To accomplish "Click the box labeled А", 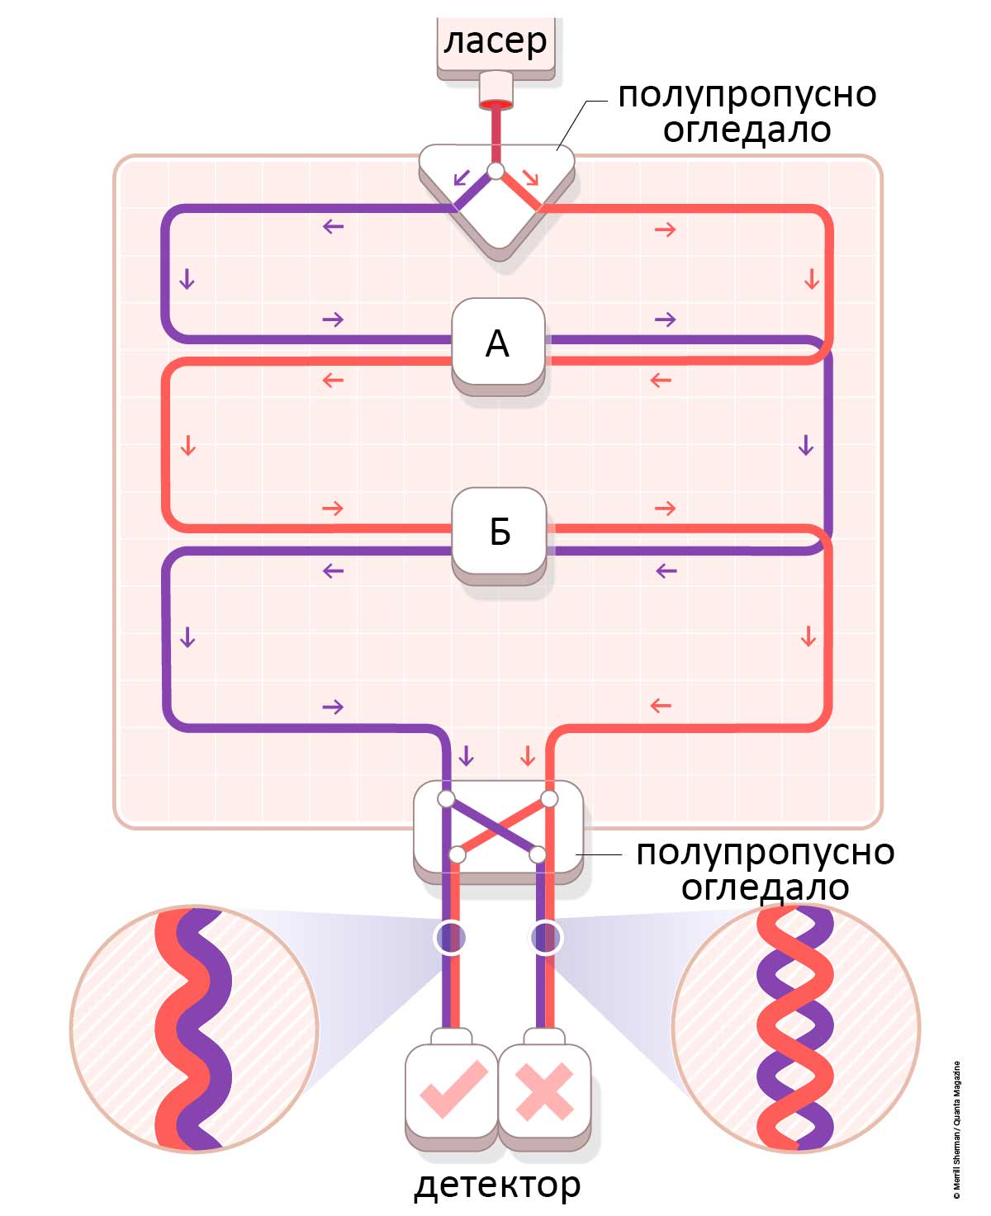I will click(x=498, y=343).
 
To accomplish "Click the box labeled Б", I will click(x=499, y=532).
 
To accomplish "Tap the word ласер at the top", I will click(x=495, y=40).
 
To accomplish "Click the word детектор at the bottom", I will click(x=497, y=1184).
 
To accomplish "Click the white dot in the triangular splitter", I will click(x=495, y=171).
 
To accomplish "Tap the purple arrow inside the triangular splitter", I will click(x=462, y=177).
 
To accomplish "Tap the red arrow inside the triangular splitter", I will click(x=529, y=177).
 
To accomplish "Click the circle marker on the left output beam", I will click(x=450, y=937).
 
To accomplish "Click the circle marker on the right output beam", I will click(x=545, y=937).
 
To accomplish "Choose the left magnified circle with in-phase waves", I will click(x=194, y=1029).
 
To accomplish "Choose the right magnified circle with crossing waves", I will click(x=796, y=1029).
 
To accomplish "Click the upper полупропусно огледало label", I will click(x=747, y=111).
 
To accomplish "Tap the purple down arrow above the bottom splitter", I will click(x=467, y=755).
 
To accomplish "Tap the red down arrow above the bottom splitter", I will click(x=527, y=755).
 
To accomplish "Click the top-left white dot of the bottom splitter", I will click(x=446, y=798).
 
